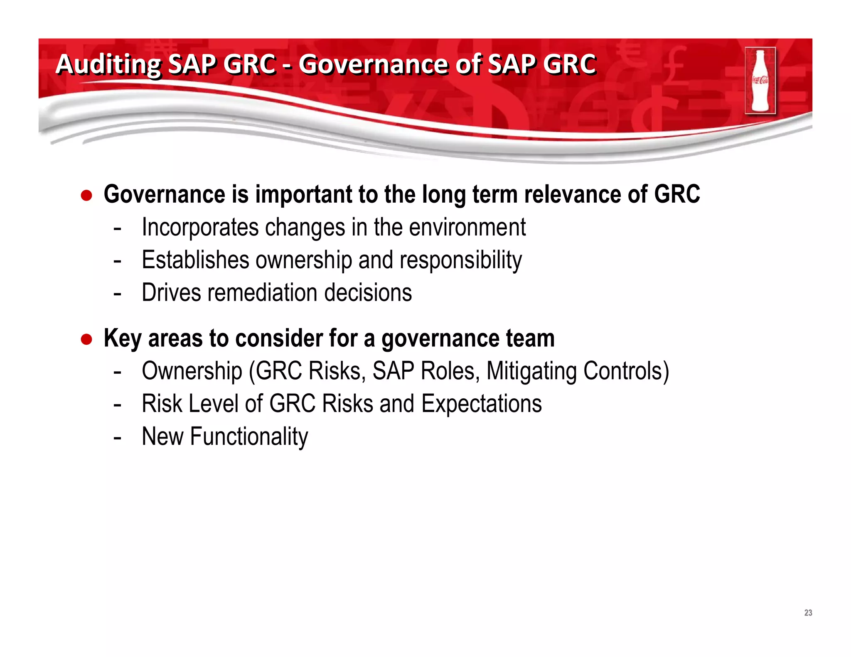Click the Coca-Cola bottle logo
click(x=760, y=81)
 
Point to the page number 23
click(x=808, y=613)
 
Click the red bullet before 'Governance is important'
click(x=86, y=195)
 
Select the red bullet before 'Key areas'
click(x=86, y=339)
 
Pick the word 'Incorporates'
click(x=200, y=228)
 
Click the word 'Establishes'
click(x=195, y=260)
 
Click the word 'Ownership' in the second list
click(x=192, y=371)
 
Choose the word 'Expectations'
click(x=481, y=404)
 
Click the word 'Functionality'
click(x=249, y=436)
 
